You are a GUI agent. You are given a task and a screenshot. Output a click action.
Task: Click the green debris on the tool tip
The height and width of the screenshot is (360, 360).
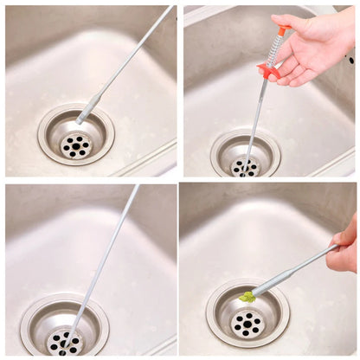247,297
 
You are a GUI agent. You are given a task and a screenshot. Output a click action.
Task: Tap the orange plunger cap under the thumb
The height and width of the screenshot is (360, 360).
282,30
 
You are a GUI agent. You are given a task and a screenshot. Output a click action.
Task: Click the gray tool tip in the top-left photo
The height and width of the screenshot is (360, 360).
87,110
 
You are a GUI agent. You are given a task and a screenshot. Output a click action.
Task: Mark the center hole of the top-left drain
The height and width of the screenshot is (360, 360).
76,145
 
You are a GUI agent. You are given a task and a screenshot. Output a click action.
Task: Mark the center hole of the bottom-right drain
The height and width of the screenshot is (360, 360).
247,325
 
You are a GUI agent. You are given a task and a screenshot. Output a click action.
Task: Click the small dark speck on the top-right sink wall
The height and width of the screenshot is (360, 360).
350,61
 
